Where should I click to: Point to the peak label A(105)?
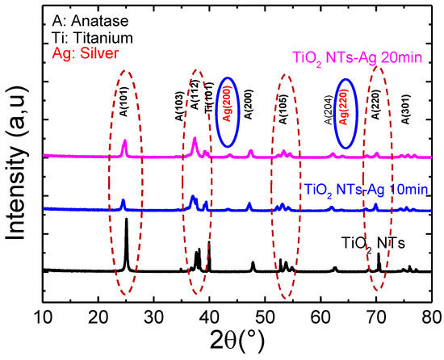[x=283, y=107]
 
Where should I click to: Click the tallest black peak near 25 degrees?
[x=126, y=222]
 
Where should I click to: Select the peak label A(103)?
[x=180, y=107]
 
